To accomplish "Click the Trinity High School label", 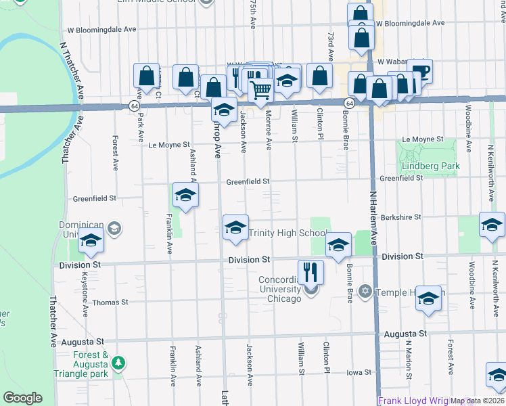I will [287, 233].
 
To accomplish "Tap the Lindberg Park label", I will [430, 166].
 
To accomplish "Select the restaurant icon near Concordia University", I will [310, 271].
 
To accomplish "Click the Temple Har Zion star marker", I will [366, 291].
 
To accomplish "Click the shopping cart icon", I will [260, 89].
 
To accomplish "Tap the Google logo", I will [22, 398].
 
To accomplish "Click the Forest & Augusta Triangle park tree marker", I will [118, 363].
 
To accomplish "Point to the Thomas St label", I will [109, 302].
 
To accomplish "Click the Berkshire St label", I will [400, 217].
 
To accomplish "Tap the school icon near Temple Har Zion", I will [428, 299].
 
